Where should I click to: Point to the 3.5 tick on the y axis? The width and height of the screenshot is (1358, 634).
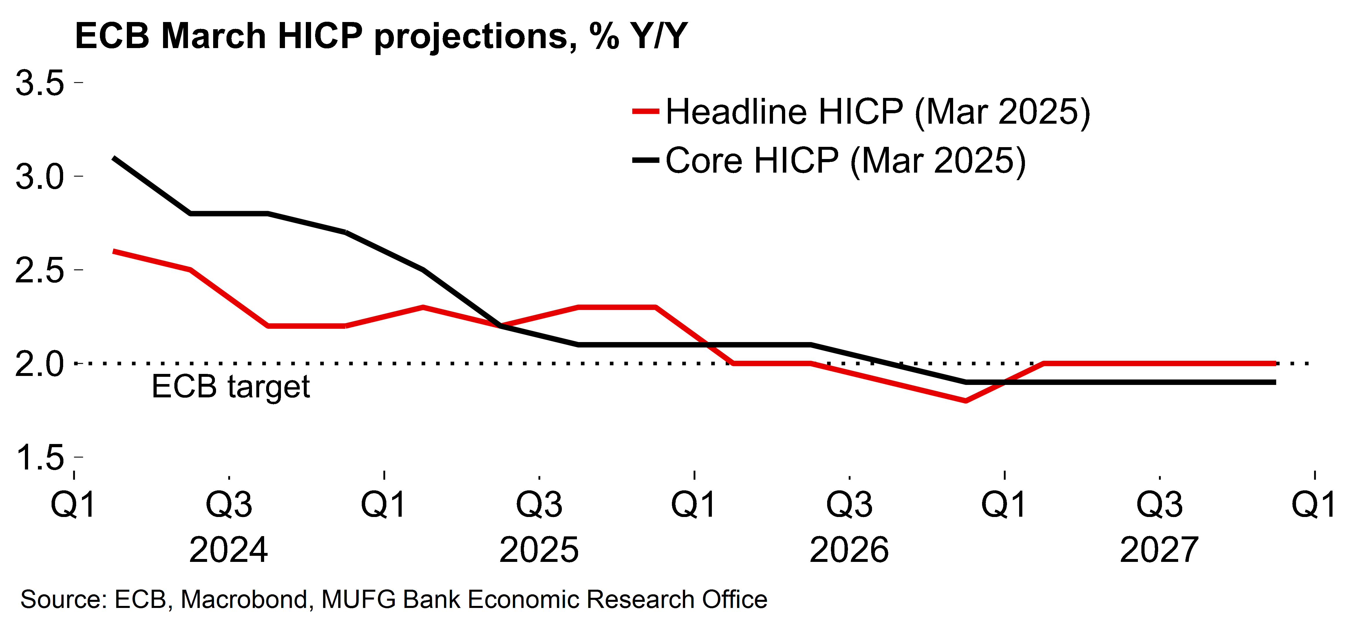pyautogui.click(x=40, y=83)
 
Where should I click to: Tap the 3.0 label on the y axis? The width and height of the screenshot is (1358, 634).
pyautogui.click(x=40, y=177)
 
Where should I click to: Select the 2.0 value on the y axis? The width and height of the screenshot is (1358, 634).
pyautogui.click(x=40, y=364)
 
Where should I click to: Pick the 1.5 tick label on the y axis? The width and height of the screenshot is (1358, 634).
pyautogui.click(x=40, y=457)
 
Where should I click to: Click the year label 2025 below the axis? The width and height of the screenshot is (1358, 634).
pyautogui.click(x=539, y=550)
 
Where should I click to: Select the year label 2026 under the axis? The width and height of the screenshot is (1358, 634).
pyautogui.click(x=849, y=550)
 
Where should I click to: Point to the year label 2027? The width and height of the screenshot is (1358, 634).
pyautogui.click(x=1159, y=550)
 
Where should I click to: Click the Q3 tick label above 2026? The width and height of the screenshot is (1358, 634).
pyautogui.click(x=849, y=504)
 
